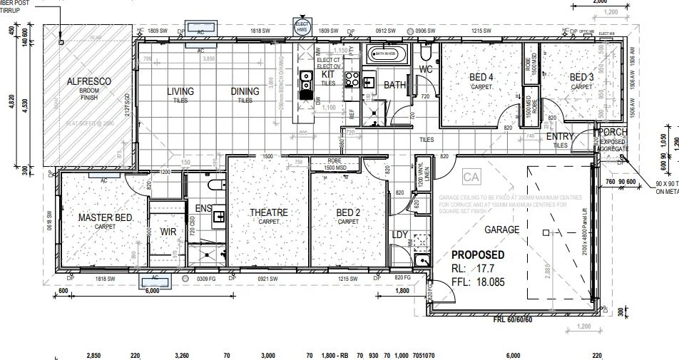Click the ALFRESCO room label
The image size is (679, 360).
pos(88,82)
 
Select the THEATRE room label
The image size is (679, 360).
pos(268,212)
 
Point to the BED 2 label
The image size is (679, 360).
pos(348,212)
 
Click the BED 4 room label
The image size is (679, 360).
pos(481,77)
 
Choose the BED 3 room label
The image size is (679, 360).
pos(581,77)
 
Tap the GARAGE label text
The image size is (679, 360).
pos(501,230)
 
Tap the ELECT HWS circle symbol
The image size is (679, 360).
pos(301,27)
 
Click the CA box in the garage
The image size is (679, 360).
pos(470,176)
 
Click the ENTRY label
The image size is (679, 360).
pos(561,136)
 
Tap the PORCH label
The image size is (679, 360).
pos(614,133)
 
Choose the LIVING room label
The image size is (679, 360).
pos(180,91)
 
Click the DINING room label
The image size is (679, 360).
pos(245,91)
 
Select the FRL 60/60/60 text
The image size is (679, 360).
pos(512,320)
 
